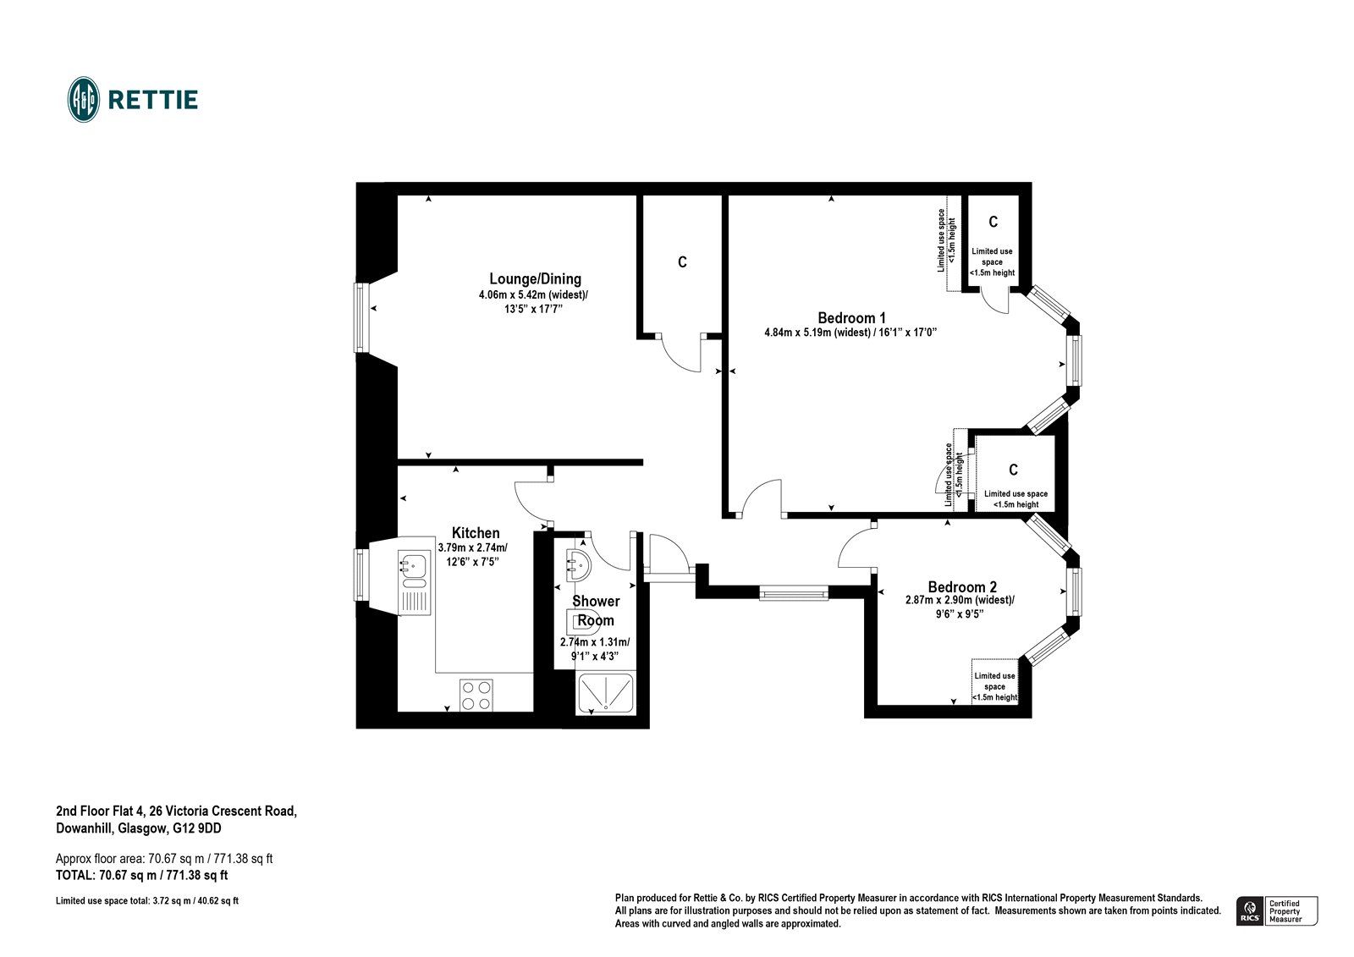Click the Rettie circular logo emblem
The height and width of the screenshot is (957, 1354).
click(83, 100)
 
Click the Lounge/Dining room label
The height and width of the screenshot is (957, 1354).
click(535, 278)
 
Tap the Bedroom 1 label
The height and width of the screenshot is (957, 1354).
click(851, 318)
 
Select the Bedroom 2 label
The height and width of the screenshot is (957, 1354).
click(961, 586)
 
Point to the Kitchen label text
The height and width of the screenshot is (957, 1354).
click(476, 532)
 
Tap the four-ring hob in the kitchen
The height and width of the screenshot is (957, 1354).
click(476, 695)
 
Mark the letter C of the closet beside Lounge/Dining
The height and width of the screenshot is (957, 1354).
click(682, 262)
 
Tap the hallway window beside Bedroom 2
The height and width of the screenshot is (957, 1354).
click(793, 594)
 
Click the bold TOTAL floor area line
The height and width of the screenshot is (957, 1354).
click(141, 875)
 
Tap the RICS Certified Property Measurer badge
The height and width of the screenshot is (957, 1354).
click(1277, 910)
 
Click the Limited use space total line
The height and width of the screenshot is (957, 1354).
click(146, 901)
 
